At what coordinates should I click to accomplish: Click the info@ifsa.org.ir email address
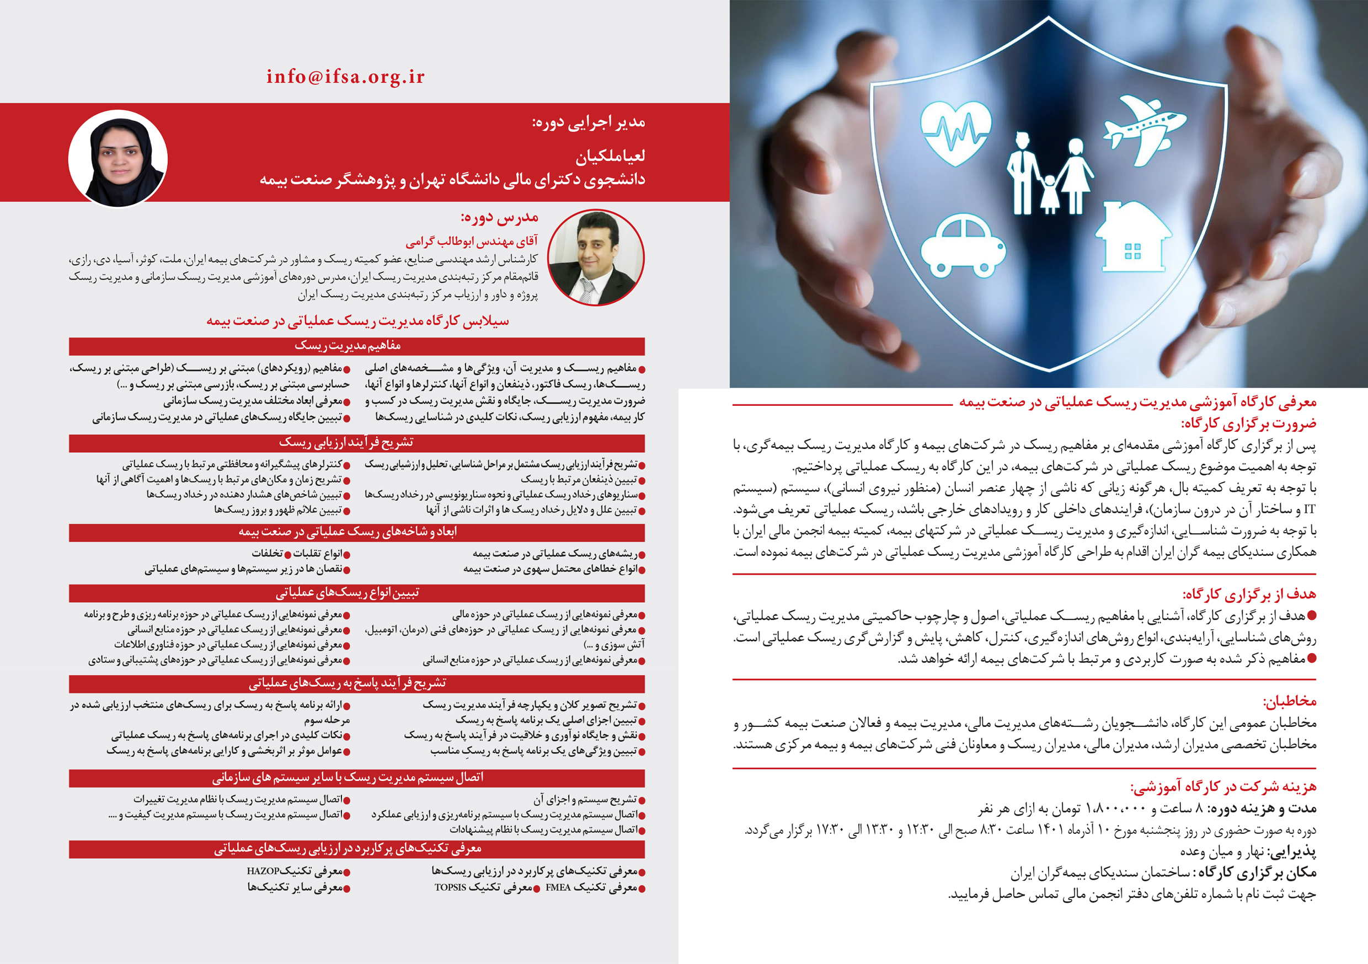pyautogui.click(x=345, y=77)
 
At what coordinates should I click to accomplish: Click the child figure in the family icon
pyautogui.click(x=1050, y=194)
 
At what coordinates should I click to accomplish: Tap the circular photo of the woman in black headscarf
pyautogui.click(x=118, y=159)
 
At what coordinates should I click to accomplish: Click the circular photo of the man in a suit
pyautogui.click(x=596, y=258)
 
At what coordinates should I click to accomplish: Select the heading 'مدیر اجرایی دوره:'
pyautogui.click(x=589, y=122)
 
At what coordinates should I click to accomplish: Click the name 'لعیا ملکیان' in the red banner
pyautogui.click(x=610, y=156)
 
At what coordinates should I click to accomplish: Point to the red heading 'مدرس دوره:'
pyautogui.click(x=499, y=217)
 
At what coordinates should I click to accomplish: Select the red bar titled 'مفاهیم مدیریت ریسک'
pyautogui.click(x=356, y=346)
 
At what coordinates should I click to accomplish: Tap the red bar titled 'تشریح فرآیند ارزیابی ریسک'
pyautogui.click(x=356, y=443)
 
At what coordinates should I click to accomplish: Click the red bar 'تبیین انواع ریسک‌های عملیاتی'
pyautogui.click(x=356, y=593)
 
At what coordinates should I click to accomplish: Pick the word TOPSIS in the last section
pyautogui.click(x=451, y=888)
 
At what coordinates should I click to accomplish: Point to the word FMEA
pyautogui.click(x=558, y=888)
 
